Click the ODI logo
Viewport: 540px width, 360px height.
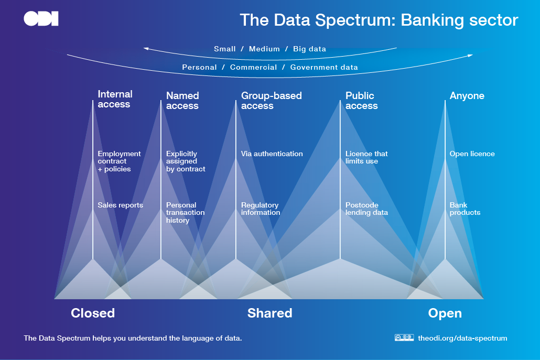[x=41, y=18]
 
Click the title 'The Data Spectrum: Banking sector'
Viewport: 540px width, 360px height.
[x=379, y=20]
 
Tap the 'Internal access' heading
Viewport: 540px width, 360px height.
[x=115, y=99]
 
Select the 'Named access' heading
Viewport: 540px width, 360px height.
[x=182, y=101]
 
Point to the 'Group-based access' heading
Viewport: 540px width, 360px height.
[x=272, y=101]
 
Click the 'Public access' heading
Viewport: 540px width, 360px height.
[x=362, y=101]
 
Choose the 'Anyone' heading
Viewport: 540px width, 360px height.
[x=467, y=96]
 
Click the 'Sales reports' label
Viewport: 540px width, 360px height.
[x=120, y=205]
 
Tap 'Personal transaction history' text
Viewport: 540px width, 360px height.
[x=185, y=213]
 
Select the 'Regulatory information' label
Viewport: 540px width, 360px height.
[x=261, y=209]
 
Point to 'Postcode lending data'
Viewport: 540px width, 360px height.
[x=367, y=209]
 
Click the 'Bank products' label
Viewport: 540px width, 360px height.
[x=465, y=209]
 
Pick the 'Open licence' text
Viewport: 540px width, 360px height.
[x=472, y=154]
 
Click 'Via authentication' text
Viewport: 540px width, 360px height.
[x=272, y=154]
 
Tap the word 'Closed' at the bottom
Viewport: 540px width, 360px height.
[x=93, y=313]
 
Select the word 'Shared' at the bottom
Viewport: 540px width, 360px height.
[x=269, y=313]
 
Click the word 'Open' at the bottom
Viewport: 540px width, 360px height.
[x=445, y=313]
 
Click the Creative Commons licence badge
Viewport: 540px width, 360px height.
[x=404, y=337]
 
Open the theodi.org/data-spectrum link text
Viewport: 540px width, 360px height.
[x=462, y=339]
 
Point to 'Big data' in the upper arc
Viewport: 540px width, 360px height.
[x=310, y=49]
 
